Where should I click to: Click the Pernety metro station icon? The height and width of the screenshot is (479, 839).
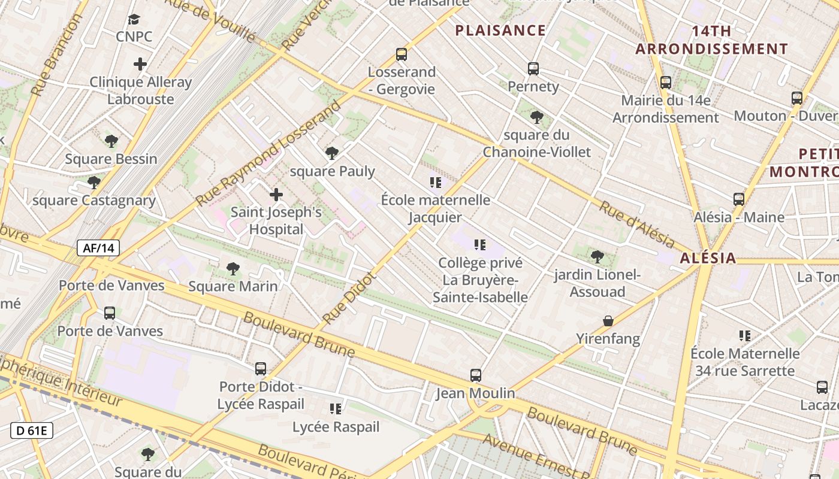coord(533,69)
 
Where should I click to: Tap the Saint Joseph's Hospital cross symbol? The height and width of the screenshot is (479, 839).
coord(276,195)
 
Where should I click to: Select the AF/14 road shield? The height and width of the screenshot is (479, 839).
coord(98,247)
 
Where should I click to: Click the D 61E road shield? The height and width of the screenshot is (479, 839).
coord(32,430)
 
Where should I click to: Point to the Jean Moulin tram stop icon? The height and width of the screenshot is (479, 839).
coord(475,375)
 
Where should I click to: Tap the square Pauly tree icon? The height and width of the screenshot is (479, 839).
coord(331,154)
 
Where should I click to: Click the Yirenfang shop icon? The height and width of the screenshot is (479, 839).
coord(608,321)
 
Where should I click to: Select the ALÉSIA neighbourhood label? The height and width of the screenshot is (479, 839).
coord(708,258)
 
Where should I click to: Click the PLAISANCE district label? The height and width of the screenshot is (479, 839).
coord(500,31)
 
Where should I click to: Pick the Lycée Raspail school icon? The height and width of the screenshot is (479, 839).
coord(336,409)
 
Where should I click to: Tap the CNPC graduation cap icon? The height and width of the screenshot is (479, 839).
coord(134,20)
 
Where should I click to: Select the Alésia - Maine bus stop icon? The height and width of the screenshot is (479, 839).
coord(739,199)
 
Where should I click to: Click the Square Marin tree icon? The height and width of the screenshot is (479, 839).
coord(233,269)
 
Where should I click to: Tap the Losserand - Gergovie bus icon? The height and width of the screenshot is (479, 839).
coord(402,54)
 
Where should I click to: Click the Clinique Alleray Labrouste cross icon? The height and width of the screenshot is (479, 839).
coord(140,64)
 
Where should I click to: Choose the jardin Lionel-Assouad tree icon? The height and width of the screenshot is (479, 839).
coord(597,257)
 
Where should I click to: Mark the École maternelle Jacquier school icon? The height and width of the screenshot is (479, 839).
coord(436,182)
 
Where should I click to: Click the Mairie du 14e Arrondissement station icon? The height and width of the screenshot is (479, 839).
coord(665,83)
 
